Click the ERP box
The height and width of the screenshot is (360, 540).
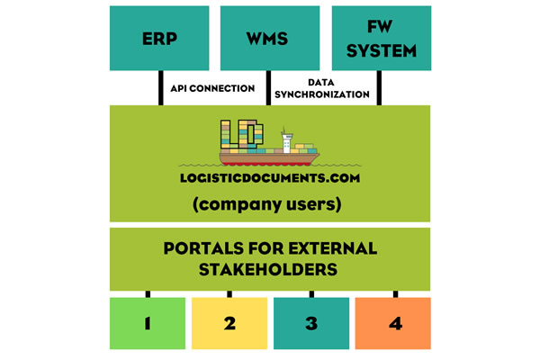[x=158, y=39]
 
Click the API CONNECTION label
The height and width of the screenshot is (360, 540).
[x=211, y=88]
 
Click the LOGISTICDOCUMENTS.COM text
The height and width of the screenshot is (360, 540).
[x=268, y=180]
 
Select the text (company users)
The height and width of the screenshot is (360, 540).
[x=268, y=204]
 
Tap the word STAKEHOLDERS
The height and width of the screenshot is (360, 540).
[x=268, y=268]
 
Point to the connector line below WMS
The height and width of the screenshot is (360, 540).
[x=268, y=88]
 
